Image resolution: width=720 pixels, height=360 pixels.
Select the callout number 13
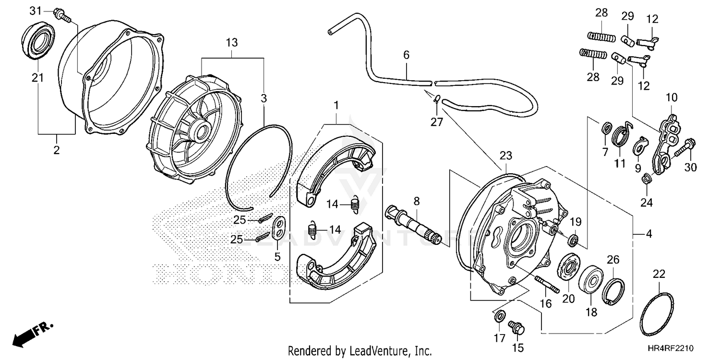tap(231, 43)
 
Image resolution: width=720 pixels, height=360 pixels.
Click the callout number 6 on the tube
tap(406, 56)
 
